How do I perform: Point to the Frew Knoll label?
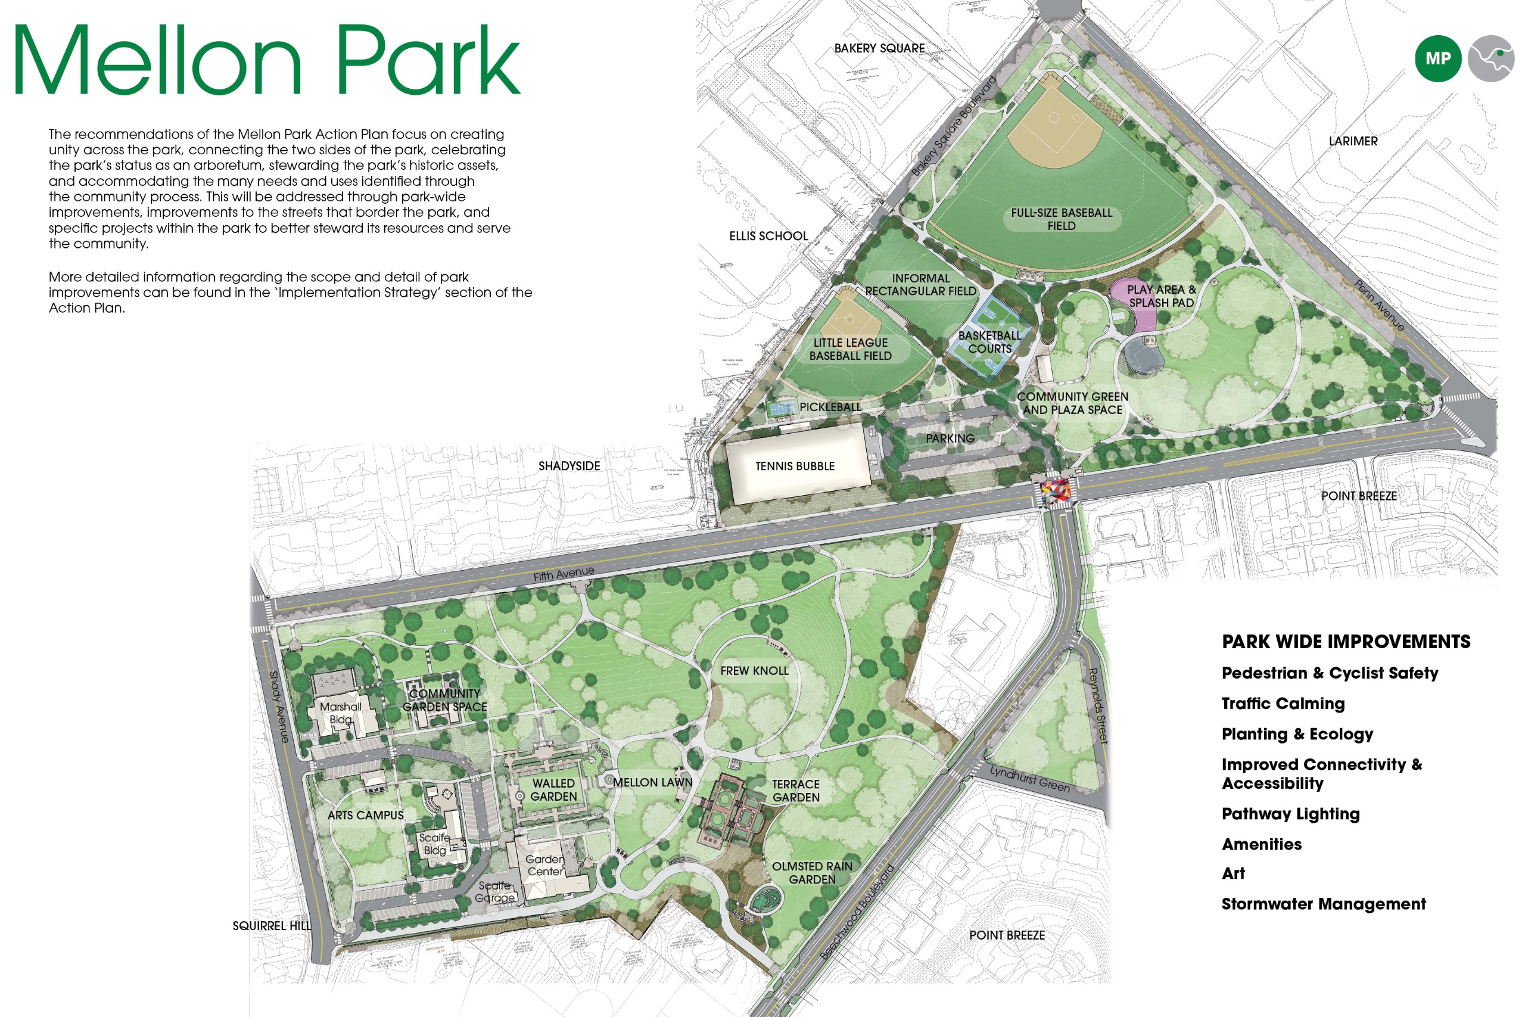(x=754, y=671)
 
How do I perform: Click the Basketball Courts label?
(x=989, y=342)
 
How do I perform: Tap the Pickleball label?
(x=830, y=407)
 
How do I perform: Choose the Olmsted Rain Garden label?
(x=812, y=872)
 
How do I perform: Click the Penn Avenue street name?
(x=1379, y=305)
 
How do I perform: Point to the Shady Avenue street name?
(x=279, y=707)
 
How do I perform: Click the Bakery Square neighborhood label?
(x=879, y=48)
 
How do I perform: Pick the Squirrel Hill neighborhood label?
(x=272, y=926)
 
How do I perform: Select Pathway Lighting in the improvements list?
(x=1290, y=813)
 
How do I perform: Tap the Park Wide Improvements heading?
(x=1346, y=642)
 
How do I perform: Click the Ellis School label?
(x=768, y=235)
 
